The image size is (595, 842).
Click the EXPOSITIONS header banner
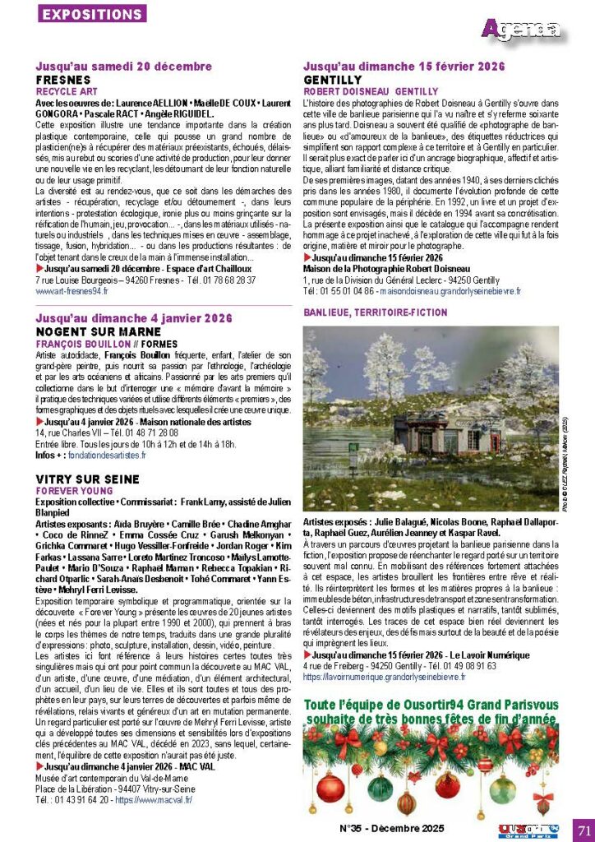point(92,14)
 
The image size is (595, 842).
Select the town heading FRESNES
point(63,79)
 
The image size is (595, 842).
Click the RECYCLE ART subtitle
point(67,91)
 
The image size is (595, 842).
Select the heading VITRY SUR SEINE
point(88,479)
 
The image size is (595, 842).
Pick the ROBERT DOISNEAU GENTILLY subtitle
point(371,91)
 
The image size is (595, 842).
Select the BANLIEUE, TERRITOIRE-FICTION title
point(376,312)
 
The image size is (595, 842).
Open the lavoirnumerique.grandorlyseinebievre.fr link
point(384,677)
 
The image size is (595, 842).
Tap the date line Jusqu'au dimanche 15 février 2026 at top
point(404,66)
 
